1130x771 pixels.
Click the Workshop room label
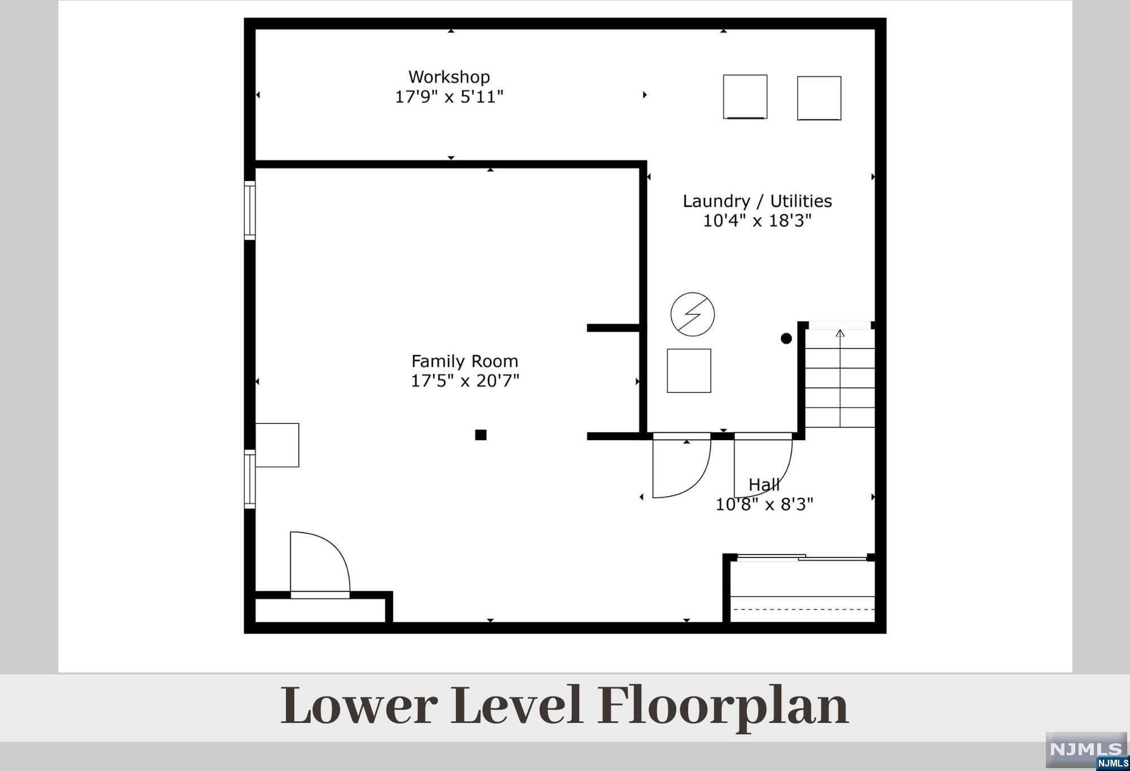(449, 77)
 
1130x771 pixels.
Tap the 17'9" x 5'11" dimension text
(449, 97)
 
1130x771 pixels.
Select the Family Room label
(464, 361)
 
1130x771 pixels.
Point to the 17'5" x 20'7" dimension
(464, 380)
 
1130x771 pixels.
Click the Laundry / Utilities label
(757, 201)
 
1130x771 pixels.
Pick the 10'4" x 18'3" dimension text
(757, 220)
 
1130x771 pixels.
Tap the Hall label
(764, 484)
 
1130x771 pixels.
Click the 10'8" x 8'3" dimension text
(764, 504)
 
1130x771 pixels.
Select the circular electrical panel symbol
(693, 314)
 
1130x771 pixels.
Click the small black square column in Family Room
(481, 435)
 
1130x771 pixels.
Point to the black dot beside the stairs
(786, 339)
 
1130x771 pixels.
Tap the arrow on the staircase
(840, 378)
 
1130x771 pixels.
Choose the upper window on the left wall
(250, 210)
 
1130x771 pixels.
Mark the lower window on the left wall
(250, 479)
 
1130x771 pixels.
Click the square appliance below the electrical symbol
(689, 371)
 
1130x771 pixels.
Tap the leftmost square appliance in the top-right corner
(745, 97)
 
